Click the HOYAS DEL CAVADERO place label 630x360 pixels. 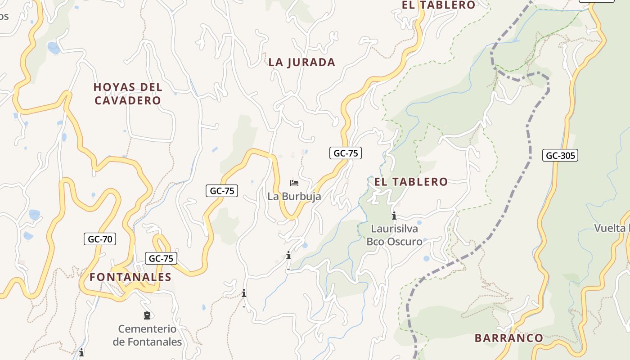point(128,94)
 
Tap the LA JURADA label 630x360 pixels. point(302,62)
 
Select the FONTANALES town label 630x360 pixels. point(130,277)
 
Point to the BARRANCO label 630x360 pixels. point(509,338)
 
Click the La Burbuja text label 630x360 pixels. point(294,196)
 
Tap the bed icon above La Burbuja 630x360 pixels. point(294,183)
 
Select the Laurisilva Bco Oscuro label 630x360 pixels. point(394,235)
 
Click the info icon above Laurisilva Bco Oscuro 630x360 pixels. point(394,216)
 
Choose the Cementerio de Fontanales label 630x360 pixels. point(147,335)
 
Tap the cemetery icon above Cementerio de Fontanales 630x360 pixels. point(147,315)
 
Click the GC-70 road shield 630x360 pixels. point(100,239)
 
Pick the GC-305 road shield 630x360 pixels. point(560,156)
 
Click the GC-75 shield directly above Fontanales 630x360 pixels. point(161,258)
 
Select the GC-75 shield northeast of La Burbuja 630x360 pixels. point(346,153)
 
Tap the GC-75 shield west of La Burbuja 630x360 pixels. point(222,191)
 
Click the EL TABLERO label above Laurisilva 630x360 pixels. point(411,182)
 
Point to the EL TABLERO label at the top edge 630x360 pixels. point(438,5)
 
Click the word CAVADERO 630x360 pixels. point(128,100)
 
